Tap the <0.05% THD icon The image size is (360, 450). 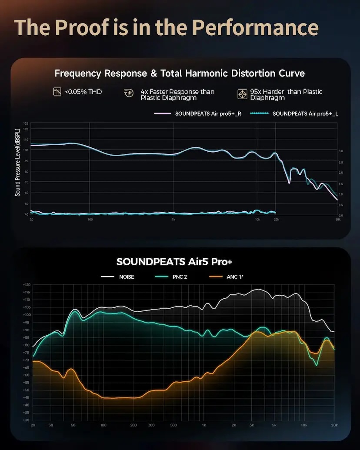pos(57,92)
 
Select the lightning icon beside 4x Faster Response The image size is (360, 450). pos(129,92)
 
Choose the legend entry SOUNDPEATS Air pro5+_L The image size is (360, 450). pos(295,114)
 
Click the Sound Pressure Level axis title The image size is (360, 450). pos(18,162)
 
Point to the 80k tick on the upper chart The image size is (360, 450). pos(337,220)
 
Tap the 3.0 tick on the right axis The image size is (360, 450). pos(341,151)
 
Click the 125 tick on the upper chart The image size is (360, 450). pos(26,124)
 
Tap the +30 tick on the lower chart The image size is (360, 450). pos(27,420)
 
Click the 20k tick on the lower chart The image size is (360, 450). pos(334,425)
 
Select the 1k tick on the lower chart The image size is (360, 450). pos(203,425)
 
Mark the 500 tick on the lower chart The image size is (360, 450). pos(173,425)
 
